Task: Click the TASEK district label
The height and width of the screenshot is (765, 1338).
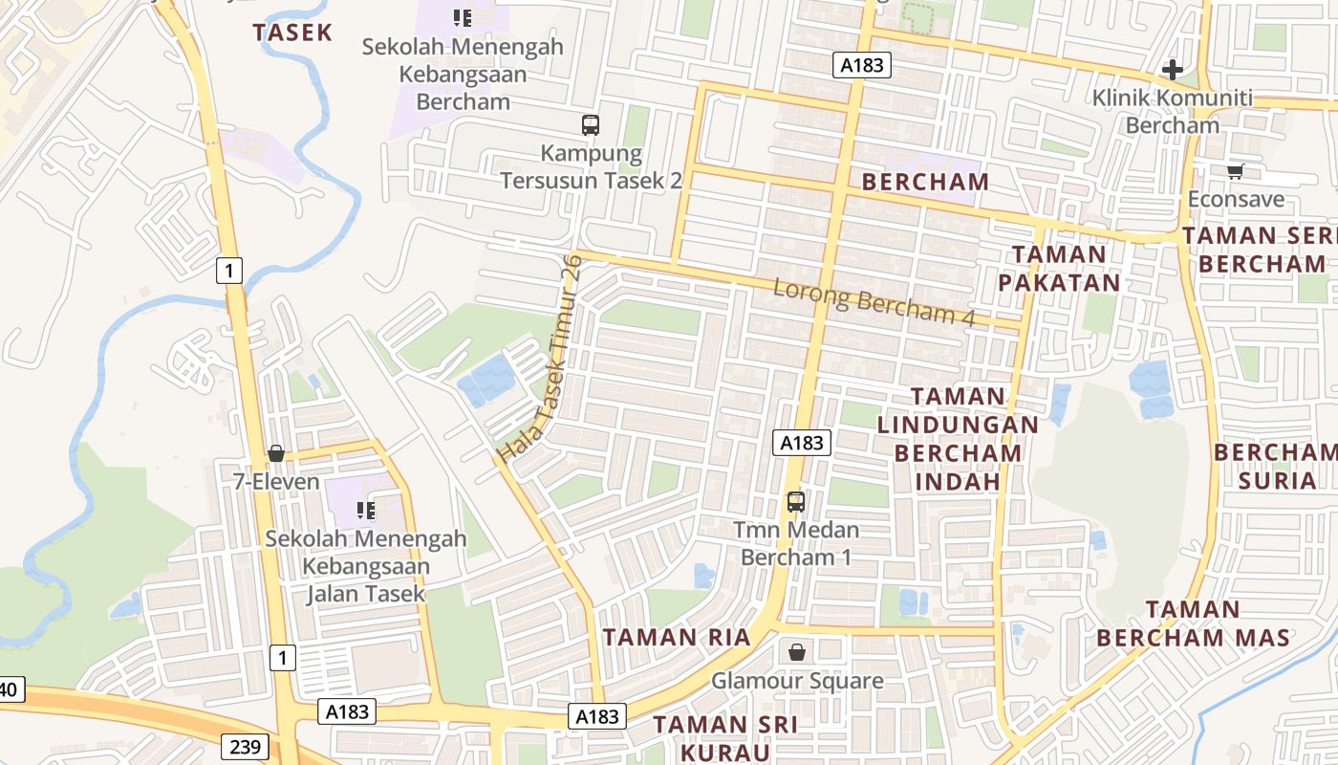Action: click(x=292, y=33)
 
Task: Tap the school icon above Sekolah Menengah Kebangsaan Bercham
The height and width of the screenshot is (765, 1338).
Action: click(x=463, y=17)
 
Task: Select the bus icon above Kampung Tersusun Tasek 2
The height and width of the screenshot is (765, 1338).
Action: click(x=591, y=124)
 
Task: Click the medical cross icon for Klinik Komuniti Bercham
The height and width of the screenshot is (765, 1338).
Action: click(x=1173, y=70)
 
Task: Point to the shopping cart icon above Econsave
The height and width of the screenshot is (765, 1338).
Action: click(x=1235, y=172)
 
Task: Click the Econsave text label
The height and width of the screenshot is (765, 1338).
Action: click(x=1236, y=200)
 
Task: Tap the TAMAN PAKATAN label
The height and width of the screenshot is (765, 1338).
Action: click(x=1059, y=269)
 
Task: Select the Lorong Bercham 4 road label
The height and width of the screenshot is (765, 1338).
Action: click(x=874, y=302)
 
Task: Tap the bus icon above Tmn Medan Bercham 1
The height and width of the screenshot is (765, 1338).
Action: click(x=795, y=501)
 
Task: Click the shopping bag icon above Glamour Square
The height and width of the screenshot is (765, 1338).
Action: click(x=797, y=652)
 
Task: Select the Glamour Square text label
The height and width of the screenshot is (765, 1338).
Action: click(x=797, y=681)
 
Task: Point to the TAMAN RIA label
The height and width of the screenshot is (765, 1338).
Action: click(x=677, y=637)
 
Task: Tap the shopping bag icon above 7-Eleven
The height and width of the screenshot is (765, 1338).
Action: click(x=276, y=453)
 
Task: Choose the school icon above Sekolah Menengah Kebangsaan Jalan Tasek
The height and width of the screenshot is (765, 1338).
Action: click(x=365, y=511)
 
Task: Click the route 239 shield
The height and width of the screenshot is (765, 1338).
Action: click(x=244, y=746)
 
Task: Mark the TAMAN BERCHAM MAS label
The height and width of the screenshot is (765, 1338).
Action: click(x=1193, y=623)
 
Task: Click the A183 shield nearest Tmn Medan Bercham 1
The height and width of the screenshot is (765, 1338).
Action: click(x=802, y=443)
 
